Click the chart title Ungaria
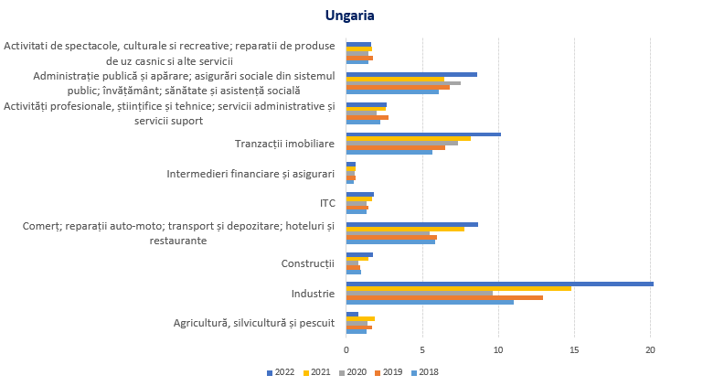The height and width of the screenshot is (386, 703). pyautogui.click(x=349, y=16)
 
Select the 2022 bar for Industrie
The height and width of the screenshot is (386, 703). pyautogui.click(x=499, y=284)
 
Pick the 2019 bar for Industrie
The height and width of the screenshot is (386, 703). pyautogui.click(x=444, y=297)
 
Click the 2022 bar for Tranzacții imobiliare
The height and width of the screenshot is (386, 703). pyautogui.click(x=423, y=134)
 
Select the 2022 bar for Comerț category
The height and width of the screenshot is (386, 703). pyautogui.click(x=411, y=224)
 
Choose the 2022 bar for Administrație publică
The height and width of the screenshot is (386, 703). pyautogui.click(x=411, y=74)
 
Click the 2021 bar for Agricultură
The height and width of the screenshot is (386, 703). pyautogui.click(x=360, y=318)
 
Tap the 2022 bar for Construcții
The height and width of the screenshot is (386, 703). pyautogui.click(x=359, y=254)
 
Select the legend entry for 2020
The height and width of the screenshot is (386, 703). pyautogui.click(x=353, y=371)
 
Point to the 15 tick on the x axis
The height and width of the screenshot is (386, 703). pyautogui.click(x=574, y=349)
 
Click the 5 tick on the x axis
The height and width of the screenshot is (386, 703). pyautogui.click(x=422, y=349)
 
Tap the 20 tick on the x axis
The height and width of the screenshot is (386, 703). pyautogui.click(x=650, y=349)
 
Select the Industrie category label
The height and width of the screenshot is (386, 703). pyautogui.click(x=313, y=294)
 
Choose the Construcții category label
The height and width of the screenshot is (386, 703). pyautogui.click(x=308, y=263)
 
